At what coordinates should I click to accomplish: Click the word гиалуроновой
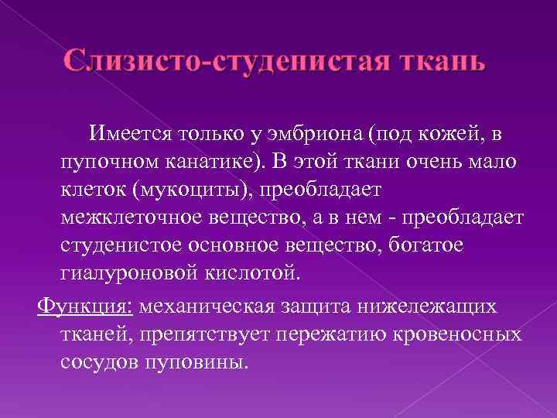(x=123, y=272)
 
